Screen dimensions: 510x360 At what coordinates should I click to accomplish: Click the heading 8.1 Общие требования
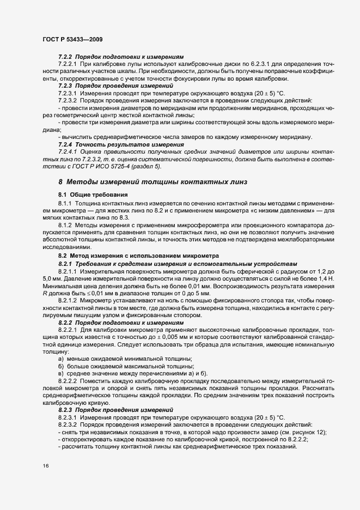click(x=93, y=195)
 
